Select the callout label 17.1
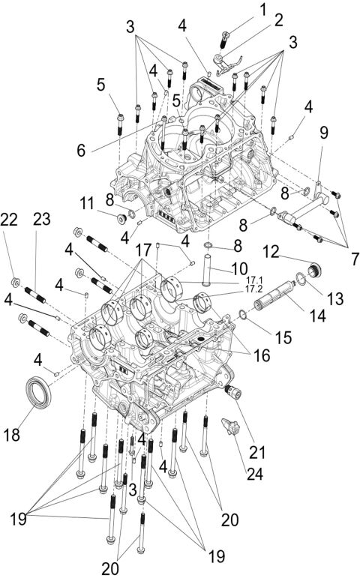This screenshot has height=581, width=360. [253, 280]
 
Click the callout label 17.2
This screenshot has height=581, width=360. [253, 289]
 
